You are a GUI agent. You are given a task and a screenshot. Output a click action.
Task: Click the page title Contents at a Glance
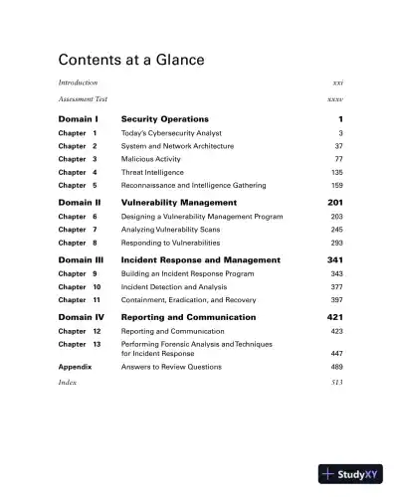click(131, 60)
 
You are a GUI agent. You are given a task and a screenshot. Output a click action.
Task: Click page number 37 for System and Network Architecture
click(337, 146)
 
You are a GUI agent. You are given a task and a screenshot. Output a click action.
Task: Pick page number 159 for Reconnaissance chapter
click(336, 185)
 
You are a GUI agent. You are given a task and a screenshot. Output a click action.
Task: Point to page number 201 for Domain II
click(334, 203)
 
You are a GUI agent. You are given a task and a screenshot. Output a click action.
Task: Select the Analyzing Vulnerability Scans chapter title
click(170, 230)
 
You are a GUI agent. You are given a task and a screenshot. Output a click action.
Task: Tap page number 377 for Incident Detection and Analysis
click(336, 286)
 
